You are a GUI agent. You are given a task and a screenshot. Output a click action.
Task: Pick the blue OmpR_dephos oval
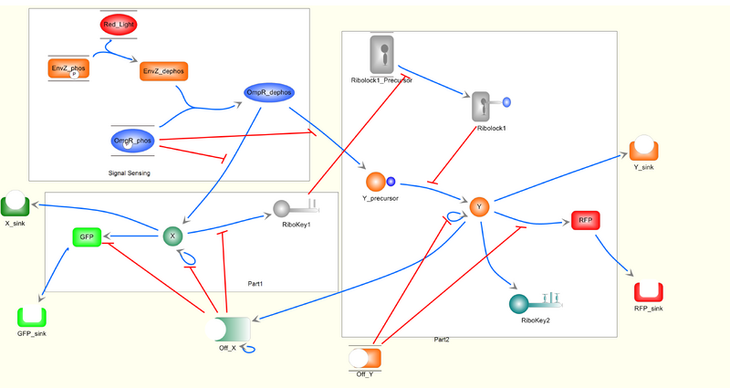(x=267, y=92)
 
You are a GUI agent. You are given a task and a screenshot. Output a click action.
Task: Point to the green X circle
(x=172, y=236)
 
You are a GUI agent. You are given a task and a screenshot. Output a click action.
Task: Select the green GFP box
(x=87, y=237)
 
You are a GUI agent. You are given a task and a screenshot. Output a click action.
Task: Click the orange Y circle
(x=480, y=207)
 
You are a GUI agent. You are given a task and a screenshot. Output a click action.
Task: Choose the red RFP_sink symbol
(x=648, y=292)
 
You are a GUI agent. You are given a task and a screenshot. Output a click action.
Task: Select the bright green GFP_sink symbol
(x=32, y=317)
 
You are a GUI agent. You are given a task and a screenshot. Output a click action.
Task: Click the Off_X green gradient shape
(x=231, y=328)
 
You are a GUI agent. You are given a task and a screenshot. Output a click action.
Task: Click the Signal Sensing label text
(x=129, y=173)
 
